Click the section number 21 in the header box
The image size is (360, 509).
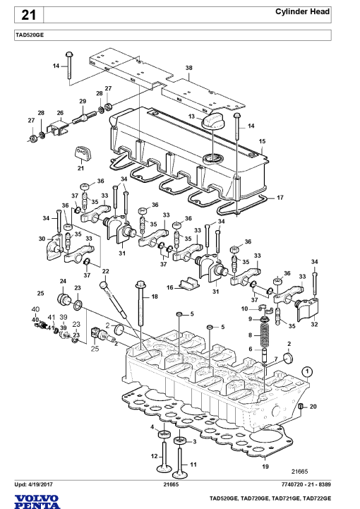pos(28,15)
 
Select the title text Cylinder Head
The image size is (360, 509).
pos(302,12)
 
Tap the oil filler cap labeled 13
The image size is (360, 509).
pos(212,121)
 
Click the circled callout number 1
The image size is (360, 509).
pos(307,371)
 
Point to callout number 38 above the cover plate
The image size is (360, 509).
pos(189,68)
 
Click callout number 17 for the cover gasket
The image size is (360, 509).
pos(280,198)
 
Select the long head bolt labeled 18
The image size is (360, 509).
pos(140,304)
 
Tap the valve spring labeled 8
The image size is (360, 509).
pos(265,334)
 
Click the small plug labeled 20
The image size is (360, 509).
pos(300,407)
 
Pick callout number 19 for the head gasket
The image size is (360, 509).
pos(265,467)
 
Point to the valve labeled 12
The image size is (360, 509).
pos(164,457)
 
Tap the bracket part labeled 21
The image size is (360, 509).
pos(83,153)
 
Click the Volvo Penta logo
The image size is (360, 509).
pos(37,502)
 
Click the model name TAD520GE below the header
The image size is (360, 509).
pos(29,35)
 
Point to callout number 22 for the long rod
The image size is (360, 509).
pos(105,271)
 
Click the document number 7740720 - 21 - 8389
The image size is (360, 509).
pos(306,485)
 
